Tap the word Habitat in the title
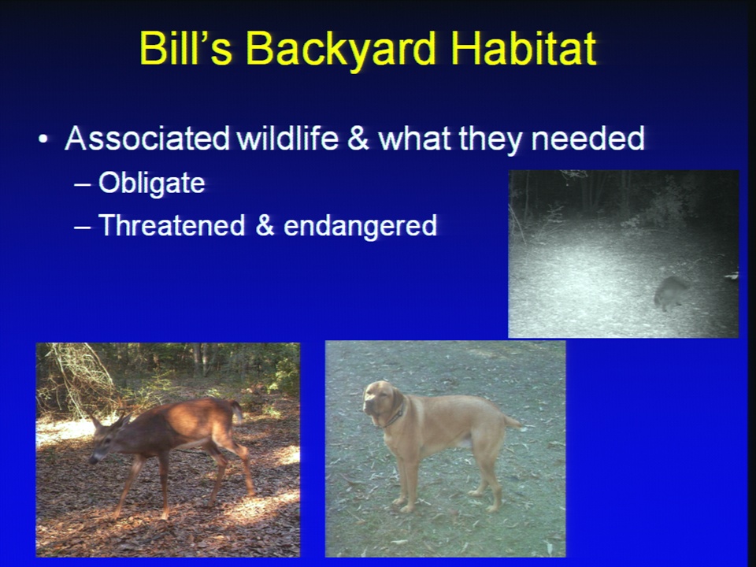[524, 48]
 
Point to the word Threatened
[172, 225]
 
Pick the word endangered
[360, 226]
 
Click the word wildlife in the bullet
[287, 139]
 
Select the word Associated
[147, 139]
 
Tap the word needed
[587, 139]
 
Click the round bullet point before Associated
[43, 140]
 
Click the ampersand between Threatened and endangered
[265, 226]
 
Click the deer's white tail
[237, 411]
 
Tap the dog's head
[382, 403]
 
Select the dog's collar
[396, 415]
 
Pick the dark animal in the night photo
[670, 292]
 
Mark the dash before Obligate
[82, 185]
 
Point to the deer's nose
[91, 460]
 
